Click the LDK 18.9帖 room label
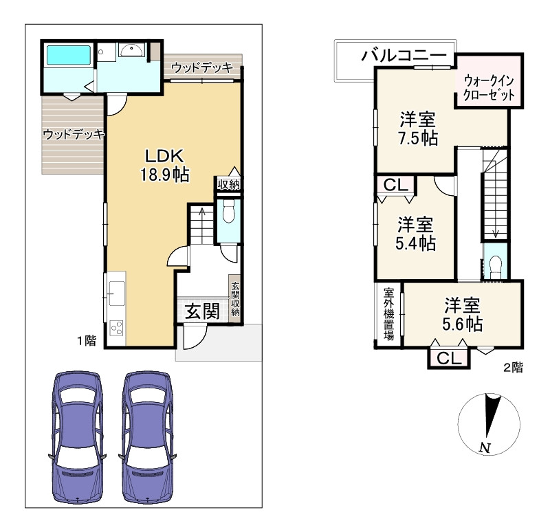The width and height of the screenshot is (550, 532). coord(165,165)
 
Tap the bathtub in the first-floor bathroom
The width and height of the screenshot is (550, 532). coord(68,55)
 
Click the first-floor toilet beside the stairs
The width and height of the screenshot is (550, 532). coord(228,211)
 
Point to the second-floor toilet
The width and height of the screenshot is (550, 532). coord(495,265)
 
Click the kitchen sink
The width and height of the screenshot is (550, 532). coord(116,293)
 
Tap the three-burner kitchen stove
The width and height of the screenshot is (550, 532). coord(116,329)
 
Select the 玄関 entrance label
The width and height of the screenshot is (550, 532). coord(202,311)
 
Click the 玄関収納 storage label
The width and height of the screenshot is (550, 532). coord(235,299)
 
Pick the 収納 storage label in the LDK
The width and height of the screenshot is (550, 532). coord(228,184)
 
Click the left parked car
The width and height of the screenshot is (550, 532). coord(77,437)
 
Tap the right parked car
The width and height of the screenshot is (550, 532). coord(148,437)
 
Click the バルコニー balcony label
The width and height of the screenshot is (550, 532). coord(404,56)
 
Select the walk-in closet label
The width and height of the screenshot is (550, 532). coord(489,88)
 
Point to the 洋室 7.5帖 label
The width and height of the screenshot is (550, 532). coord(418,129)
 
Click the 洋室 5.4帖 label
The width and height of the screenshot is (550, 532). coord(416,234)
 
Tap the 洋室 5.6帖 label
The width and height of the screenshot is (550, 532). coord(462,315)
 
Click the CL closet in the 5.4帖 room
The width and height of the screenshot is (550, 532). coord(396,185)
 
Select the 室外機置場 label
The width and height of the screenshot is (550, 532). coord(388,314)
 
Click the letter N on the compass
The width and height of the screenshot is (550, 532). coord(485,447)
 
